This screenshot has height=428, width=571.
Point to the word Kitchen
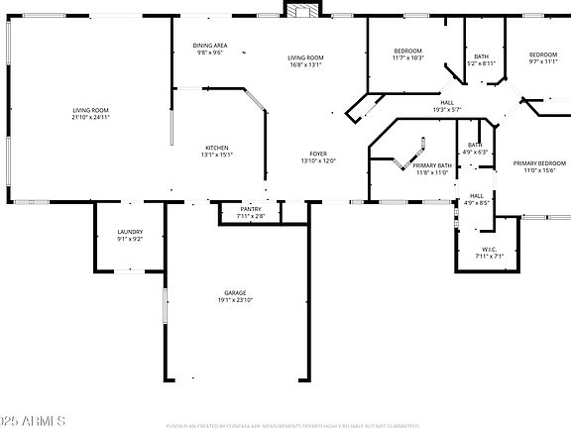coord(216,148)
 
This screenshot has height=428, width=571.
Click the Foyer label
coord(318,154)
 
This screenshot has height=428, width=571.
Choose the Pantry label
coord(250,209)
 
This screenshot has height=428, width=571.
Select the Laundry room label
coord(130,232)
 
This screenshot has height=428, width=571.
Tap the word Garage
coord(235,292)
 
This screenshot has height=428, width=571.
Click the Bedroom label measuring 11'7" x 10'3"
coord(408,51)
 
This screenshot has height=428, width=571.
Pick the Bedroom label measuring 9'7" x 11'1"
coord(542,54)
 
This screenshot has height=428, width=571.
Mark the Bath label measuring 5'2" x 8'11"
coord(481,56)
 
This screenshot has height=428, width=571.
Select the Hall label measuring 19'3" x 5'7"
coord(447,103)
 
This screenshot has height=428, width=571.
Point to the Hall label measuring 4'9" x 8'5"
coord(477,195)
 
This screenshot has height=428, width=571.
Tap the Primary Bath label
coord(432,165)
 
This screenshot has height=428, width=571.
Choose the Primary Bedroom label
coord(539,162)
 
